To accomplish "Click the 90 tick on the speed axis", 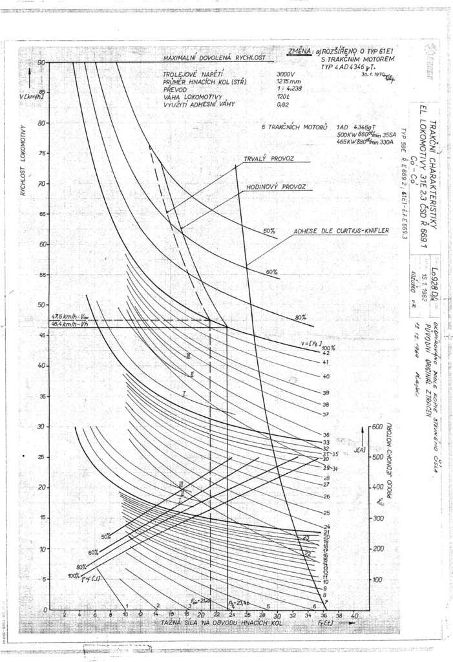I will [x=41, y=62].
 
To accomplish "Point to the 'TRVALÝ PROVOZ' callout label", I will [x=269, y=158].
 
